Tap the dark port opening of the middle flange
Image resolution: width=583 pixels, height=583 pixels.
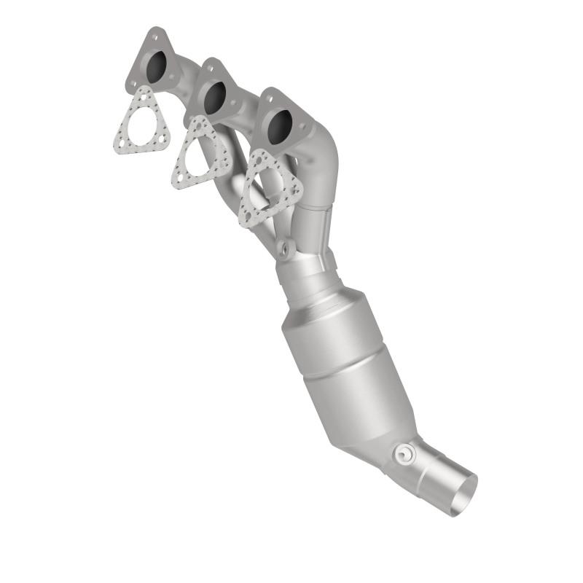pyautogui.click(x=214, y=97)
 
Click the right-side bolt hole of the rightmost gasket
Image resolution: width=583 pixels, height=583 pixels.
pyautogui.click(x=295, y=191)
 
